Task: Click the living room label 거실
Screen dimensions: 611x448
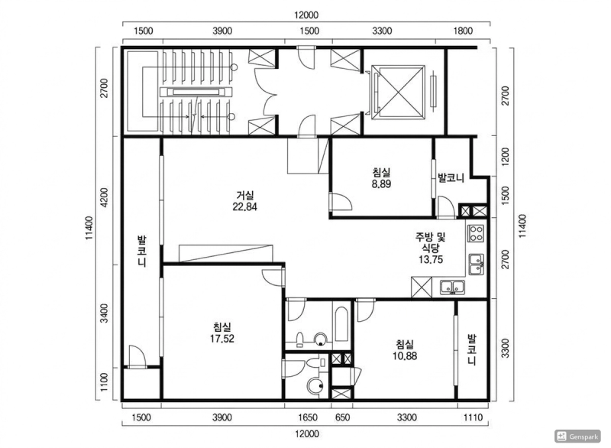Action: coord(245,194)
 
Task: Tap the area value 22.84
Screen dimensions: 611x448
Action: coord(244,206)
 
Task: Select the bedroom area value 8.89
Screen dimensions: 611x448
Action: coord(381,184)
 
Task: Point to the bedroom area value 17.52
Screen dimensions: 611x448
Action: coord(222,339)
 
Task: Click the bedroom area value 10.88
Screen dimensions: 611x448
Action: coord(405,355)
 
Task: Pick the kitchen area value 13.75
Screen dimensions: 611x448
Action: coord(431,259)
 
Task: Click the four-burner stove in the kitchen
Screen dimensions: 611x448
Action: coord(476,233)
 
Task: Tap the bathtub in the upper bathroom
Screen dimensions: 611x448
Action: coord(341,324)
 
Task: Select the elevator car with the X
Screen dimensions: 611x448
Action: coord(398,91)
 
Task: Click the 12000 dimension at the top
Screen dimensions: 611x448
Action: coord(306,15)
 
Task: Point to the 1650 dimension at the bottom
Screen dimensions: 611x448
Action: coord(308,417)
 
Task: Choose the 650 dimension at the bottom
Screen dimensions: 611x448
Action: coord(342,417)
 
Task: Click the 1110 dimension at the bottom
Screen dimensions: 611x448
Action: coord(473,417)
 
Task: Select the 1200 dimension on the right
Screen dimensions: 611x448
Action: coord(505,157)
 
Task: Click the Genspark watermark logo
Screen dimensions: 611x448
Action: coord(578,436)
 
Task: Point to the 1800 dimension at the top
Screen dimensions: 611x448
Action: coord(463,31)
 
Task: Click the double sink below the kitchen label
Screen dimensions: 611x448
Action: coord(452,287)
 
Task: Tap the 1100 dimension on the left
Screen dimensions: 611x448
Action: coord(104,382)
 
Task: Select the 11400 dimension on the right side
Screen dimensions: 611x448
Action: coord(522,226)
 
